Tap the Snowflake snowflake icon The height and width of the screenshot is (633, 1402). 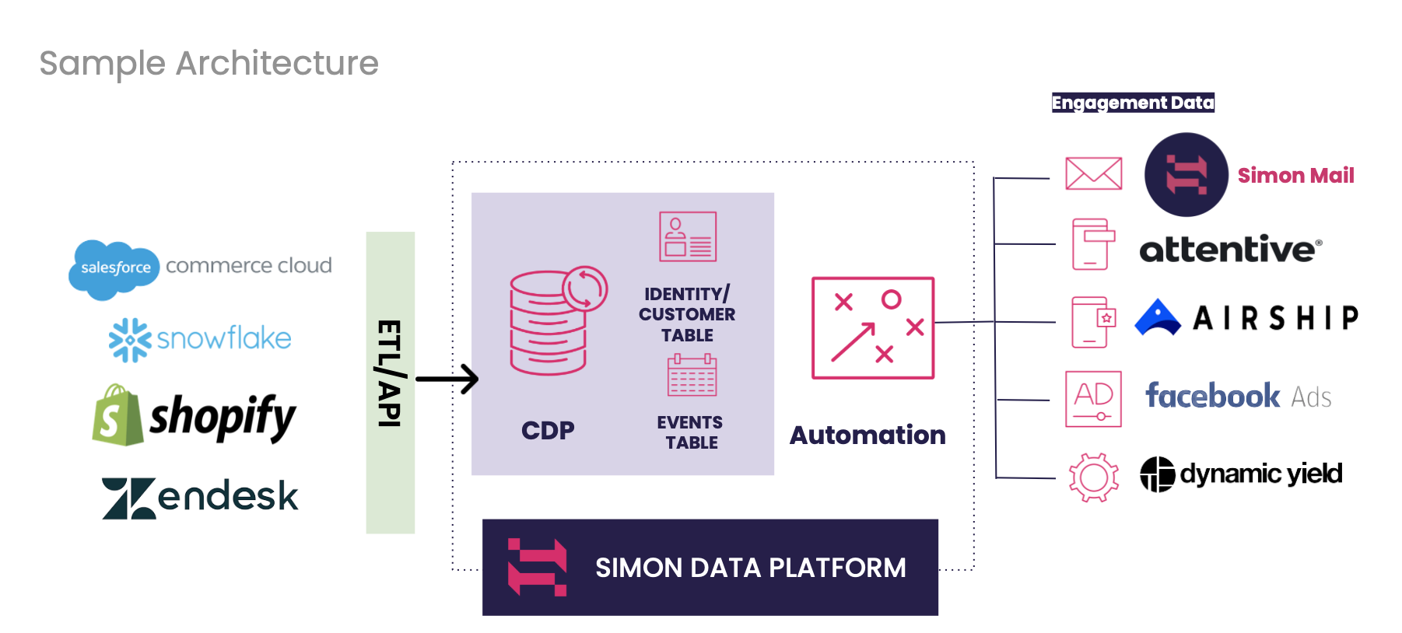click(129, 340)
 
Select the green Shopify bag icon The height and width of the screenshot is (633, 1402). click(117, 417)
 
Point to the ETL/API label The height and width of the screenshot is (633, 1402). click(390, 374)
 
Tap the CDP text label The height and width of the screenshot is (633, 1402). click(548, 430)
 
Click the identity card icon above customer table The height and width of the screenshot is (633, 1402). click(688, 236)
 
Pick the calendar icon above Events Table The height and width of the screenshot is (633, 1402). click(692, 376)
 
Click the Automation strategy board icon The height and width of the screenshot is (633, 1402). click(872, 328)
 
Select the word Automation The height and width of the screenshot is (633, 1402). click(867, 435)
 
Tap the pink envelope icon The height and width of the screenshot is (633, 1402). click(1093, 173)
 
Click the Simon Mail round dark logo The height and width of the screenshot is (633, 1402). click(1186, 174)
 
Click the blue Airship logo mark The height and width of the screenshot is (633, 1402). click(1158, 318)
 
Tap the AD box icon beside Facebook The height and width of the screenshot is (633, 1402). click(1093, 399)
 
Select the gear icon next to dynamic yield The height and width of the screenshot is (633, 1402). click(1093, 477)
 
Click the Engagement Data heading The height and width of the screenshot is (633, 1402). click(1133, 103)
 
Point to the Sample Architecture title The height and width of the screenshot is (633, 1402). click(209, 63)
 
